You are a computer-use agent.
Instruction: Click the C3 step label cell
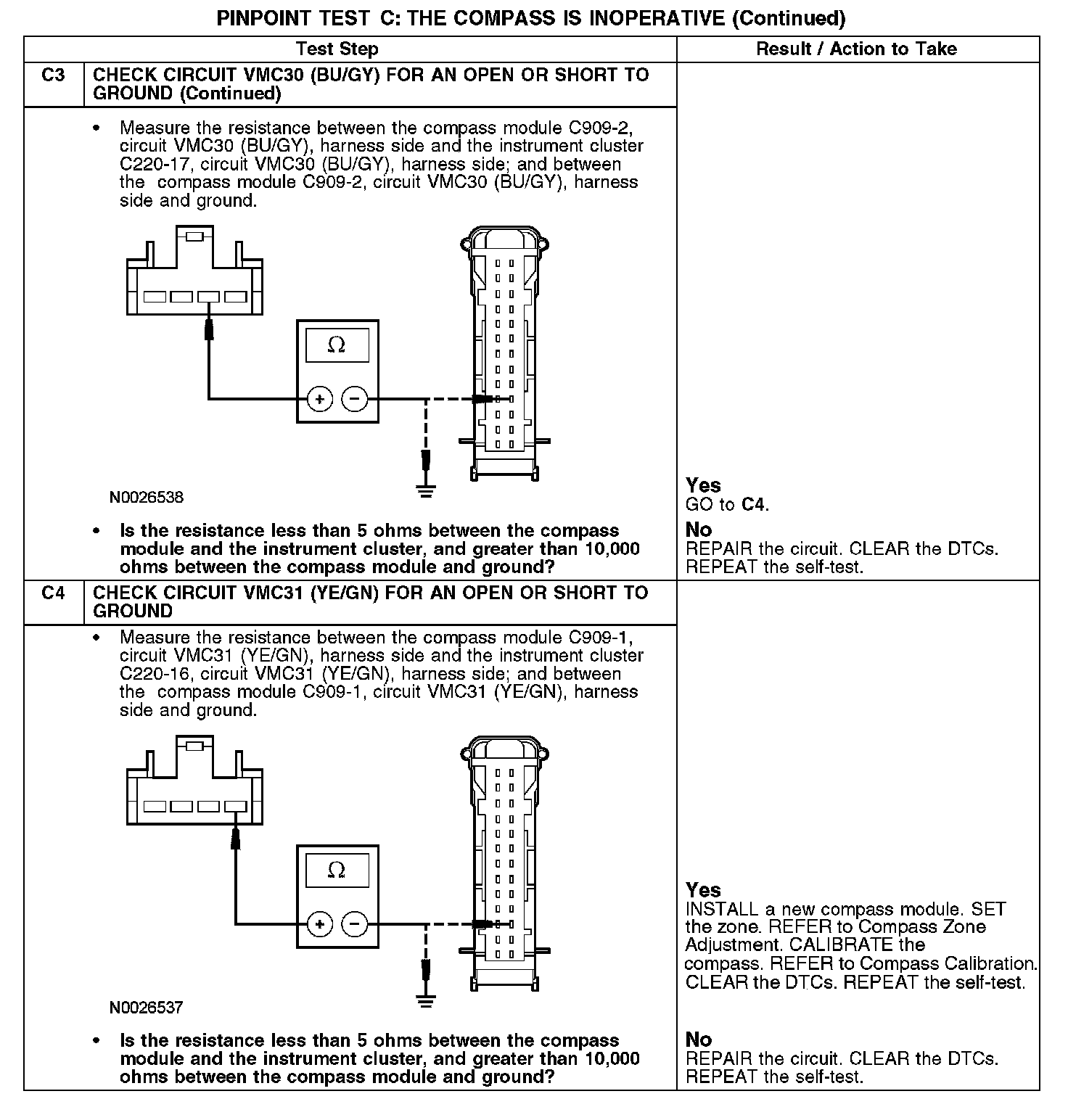(53, 75)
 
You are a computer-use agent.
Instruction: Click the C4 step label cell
(53, 593)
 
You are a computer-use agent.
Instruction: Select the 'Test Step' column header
(337, 49)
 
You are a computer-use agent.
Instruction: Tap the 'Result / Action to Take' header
(856, 49)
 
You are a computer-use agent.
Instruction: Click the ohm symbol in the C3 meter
(337, 345)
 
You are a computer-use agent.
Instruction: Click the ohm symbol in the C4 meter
(337, 870)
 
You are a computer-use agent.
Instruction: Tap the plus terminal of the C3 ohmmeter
(319, 399)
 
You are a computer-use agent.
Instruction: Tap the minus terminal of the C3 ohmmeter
(354, 399)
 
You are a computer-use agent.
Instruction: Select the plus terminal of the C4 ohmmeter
(319, 924)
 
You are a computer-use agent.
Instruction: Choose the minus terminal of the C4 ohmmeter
(354, 924)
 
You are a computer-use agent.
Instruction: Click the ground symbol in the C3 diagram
(426, 491)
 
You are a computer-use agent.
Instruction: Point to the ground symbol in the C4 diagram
(426, 1002)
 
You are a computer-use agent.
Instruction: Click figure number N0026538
(147, 498)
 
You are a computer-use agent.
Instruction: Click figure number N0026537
(147, 1008)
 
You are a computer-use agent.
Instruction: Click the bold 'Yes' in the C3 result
(703, 485)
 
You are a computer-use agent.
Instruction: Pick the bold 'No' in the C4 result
(699, 1040)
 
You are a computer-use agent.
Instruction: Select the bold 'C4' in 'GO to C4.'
(754, 504)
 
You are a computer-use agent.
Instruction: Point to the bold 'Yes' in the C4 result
(703, 890)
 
